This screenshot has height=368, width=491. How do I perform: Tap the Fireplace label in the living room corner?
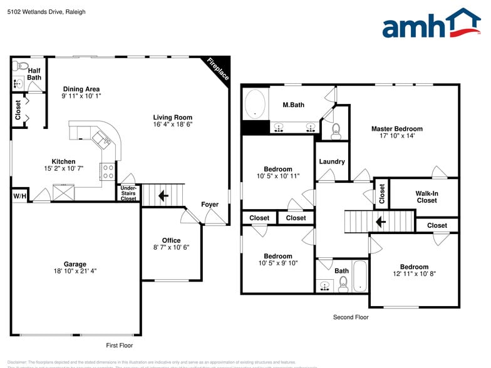[218, 69]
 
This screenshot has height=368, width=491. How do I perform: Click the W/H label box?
[19, 196]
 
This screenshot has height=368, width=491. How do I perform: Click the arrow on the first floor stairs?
[163, 196]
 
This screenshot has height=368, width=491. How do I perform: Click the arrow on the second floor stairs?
[380, 222]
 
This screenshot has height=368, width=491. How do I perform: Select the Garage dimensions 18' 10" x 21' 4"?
[75, 271]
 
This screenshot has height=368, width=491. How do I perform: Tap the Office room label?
[171, 240]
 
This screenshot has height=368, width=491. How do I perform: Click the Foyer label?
[210, 205]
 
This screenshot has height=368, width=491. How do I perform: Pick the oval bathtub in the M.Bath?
[255, 104]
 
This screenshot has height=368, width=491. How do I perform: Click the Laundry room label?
[332, 161]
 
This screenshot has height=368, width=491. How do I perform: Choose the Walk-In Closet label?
[426, 197]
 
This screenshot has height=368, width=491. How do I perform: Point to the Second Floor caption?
[351, 317]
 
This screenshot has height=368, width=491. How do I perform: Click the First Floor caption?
[118, 345]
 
